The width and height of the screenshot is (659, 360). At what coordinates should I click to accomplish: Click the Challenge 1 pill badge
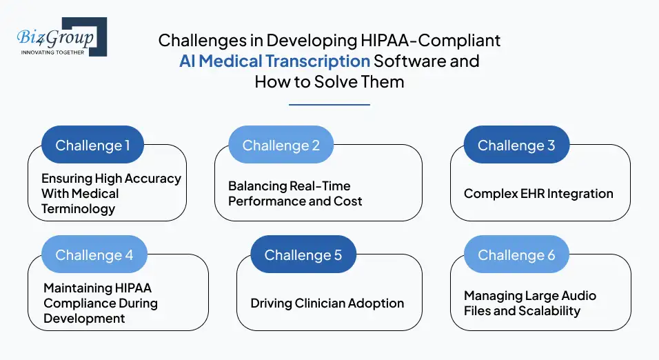[x=92, y=145]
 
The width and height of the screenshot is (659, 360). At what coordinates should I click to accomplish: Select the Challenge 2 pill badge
[x=281, y=145]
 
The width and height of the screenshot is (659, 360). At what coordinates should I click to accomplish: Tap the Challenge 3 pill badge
[x=516, y=145]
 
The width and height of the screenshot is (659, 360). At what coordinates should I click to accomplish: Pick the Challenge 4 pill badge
[x=94, y=254]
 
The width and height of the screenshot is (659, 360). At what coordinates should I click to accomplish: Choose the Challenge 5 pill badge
[x=303, y=254]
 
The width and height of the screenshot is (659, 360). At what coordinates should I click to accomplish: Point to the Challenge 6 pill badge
[x=516, y=254]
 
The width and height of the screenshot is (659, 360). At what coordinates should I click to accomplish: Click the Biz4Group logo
[x=62, y=37]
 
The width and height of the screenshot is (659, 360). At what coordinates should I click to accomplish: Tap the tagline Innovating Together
[x=52, y=52]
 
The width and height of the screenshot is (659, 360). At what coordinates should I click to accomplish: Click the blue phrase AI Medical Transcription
[x=274, y=61]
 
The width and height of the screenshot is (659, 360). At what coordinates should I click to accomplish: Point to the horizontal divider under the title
[x=329, y=105]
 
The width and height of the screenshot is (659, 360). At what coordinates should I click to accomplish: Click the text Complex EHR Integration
[x=538, y=194]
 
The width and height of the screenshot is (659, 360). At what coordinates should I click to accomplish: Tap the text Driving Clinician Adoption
[x=327, y=303]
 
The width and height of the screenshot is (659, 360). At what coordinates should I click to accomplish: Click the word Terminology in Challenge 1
[x=78, y=209]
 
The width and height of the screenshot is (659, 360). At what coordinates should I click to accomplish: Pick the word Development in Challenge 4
[x=84, y=319]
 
